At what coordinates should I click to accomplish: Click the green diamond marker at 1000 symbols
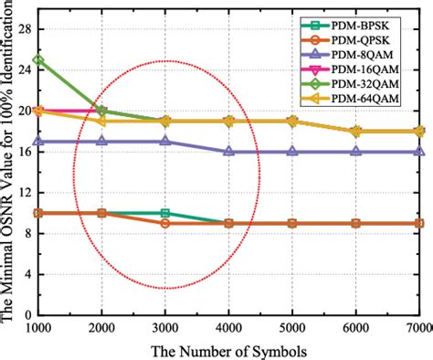tap(38, 60)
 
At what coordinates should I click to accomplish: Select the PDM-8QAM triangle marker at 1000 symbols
tap(38, 142)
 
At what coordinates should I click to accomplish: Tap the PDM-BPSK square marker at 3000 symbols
tap(164, 213)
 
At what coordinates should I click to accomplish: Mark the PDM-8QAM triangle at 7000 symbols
tap(419, 152)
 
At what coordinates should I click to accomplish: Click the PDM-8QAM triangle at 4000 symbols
tap(228, 152)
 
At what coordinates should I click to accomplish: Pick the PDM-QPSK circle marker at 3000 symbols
tap(164, 223)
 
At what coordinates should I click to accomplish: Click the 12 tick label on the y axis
tap(23, 192)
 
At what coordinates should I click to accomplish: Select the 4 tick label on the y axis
tap(26, 273)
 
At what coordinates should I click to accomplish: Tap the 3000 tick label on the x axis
tap(164, 326)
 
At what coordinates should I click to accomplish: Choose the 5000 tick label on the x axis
tap(291, 326)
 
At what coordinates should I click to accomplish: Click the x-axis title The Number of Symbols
tap(228, 349)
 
